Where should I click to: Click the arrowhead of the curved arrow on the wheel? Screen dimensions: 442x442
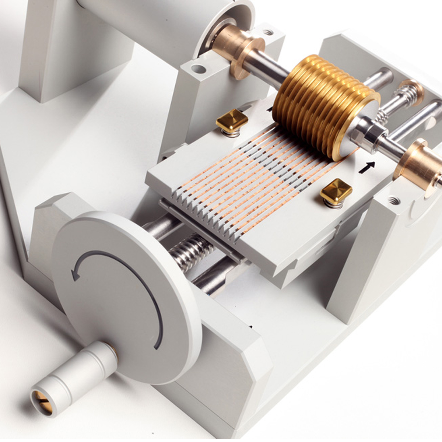tap(76, 274)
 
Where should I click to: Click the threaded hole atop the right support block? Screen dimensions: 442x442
tap(394, 201)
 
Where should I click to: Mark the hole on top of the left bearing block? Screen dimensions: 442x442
tap(199, 69)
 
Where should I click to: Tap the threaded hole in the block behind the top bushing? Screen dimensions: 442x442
tap(268, 33)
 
